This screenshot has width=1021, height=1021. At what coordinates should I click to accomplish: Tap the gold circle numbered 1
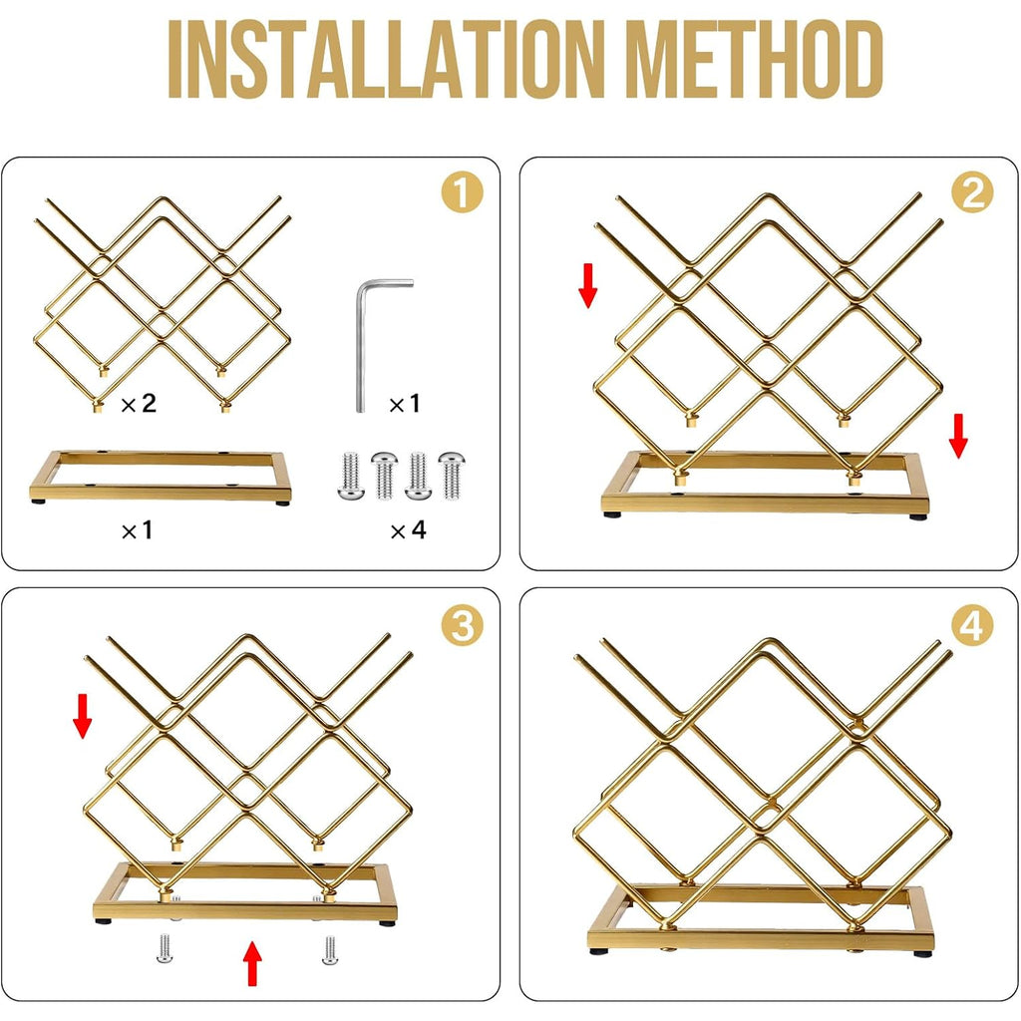click(x=463, y=192)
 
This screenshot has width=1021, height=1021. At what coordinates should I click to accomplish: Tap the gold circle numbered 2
click(x=972, y=192)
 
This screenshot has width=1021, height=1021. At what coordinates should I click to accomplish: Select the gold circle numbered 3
click(x=463, y=626)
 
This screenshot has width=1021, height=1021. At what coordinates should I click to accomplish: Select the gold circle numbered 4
click(x=972, y=626)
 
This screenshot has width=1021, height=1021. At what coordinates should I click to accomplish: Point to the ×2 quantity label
click(x=139, y=404)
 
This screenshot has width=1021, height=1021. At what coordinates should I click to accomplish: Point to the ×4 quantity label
click(x=408, y=530)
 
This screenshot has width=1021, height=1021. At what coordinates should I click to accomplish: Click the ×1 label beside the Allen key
click(x=405, y=405)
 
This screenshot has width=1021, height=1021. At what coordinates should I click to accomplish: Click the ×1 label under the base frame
click(x=137, y=530)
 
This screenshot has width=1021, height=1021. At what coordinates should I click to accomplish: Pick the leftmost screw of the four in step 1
click(x=350, y=476)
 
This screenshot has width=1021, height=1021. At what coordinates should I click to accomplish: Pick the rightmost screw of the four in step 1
click(x=452, y=476)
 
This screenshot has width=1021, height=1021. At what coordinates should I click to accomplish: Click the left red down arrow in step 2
click(x=588, y=285)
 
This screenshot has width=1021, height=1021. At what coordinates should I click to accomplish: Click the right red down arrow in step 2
click(x=958, y=436)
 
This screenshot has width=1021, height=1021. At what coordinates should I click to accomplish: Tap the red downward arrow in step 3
click(x=82, y=716)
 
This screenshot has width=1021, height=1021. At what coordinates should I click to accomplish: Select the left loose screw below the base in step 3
click(x=165, y=949)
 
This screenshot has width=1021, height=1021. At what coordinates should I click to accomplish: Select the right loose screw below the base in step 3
click(x=330, y=949)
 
